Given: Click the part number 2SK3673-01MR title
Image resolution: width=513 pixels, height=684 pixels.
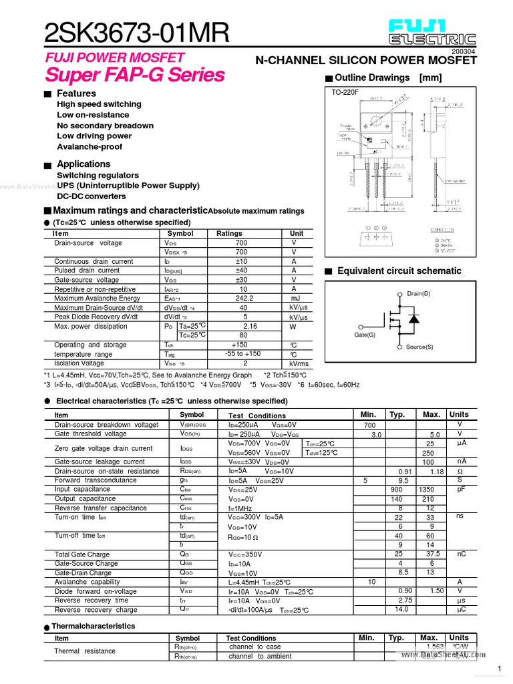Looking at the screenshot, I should [x=136, y=31].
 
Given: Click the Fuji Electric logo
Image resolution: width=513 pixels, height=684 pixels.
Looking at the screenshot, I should [x=434, y=31].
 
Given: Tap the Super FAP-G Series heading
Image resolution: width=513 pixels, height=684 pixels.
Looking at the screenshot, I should [x=135, y=74].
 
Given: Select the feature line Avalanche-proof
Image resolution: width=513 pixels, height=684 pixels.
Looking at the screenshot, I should [x=90, y=147].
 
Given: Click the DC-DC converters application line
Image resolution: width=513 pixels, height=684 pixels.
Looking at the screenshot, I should [x=92, y=196].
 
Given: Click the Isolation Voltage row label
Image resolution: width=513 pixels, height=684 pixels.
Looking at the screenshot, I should [x=79, y=363].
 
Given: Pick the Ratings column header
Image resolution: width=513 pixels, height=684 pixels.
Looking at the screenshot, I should [x=229, y=234].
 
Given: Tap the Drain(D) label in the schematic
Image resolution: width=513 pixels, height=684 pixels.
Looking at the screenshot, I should [x=419, y=294].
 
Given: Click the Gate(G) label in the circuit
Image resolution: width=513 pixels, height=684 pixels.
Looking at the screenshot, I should [x=365, y=335].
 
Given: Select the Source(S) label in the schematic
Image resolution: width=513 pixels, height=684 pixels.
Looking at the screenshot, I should [x=419, y=347].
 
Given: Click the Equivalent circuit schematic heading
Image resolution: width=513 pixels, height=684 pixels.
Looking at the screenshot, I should [x=399, y=271].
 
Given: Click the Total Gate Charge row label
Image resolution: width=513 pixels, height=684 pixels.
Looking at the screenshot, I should [x=81, y=554].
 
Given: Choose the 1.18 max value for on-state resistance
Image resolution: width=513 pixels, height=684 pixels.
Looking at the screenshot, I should [x=437, y=472].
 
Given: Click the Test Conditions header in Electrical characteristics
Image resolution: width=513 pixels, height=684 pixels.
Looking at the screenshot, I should [x=257, y=415].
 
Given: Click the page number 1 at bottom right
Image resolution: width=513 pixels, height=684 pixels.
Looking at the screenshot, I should [x=499, y=670].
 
